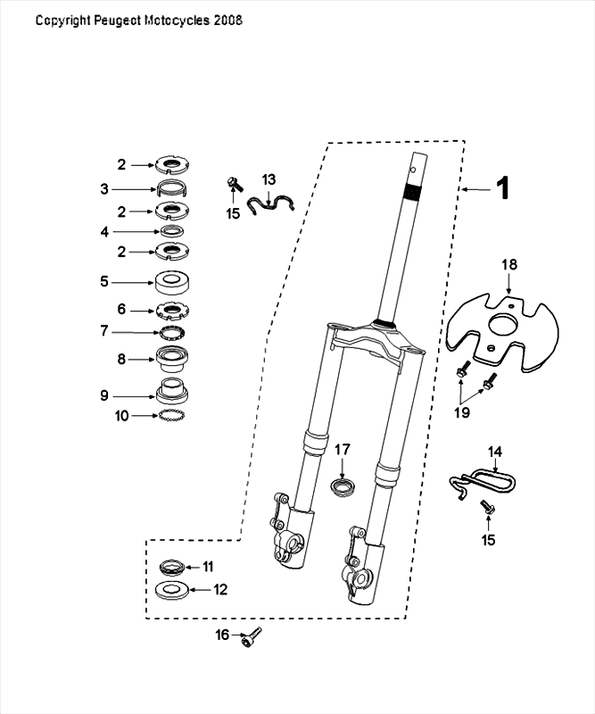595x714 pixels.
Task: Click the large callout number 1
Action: (x=503, y=188)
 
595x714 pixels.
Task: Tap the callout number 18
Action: (x=508, y=265)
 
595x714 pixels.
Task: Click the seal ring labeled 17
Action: (x=342, y=487)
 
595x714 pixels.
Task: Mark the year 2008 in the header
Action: (x=227, y=20)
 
